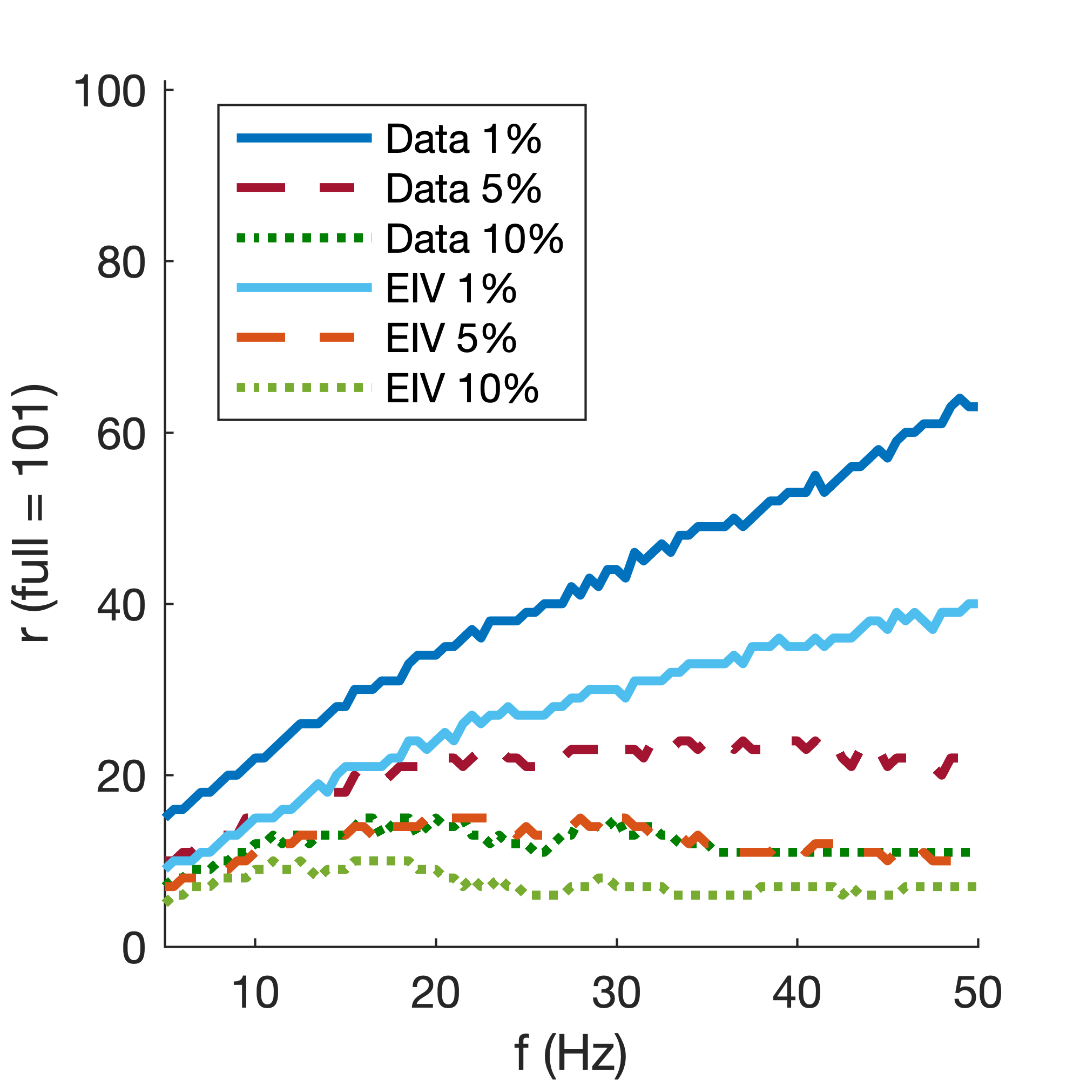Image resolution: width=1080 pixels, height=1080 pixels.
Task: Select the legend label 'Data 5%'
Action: pyautogui.click(x=463, y=188)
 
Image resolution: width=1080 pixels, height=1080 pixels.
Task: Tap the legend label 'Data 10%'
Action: pyautogui.click(x=475, y=239)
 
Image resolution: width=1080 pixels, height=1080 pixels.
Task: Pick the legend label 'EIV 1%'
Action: pyautogui.click(x=451, y=288)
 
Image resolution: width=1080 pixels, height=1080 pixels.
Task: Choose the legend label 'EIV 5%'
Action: pyautogui.click(x=451, y=338)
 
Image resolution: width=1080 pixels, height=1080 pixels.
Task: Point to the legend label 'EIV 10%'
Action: pyautogui.click(x=462, y=388)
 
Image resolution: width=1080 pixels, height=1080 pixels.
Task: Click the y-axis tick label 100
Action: pyautogui.click(x=110, y=92)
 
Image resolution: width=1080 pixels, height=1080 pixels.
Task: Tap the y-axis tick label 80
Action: pyautogui.click(x=121, y=263)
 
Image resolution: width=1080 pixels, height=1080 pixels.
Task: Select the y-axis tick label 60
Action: pyautogui.click(x=121, y=434)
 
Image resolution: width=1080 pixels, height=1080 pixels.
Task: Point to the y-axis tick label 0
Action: pyautogui.click(x=133, y=948)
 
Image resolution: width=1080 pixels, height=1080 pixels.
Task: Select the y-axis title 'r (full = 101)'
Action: pyautogui.click(x=33, y=513)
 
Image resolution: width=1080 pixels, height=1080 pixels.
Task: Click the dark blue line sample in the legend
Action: pyautogui.click(x=304, y=138)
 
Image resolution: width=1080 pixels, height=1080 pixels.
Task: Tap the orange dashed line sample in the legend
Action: pyautogui.click(x=296, y=337)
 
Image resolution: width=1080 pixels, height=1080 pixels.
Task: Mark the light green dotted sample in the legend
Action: pyautogui.click(x=304, y=387)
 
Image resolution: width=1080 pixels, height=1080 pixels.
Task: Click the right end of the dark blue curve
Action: pyautogui.click(x=976, y=407)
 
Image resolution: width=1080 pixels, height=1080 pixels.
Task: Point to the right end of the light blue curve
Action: pyautogui.click(x=976, y=604)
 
